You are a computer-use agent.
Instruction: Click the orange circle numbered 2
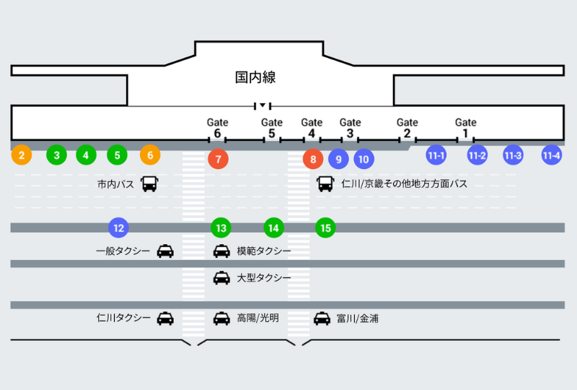(22, 155)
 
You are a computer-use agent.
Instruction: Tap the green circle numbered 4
(86, 155)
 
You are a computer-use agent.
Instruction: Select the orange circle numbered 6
(150, 155)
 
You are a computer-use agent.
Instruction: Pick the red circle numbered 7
(218, 159)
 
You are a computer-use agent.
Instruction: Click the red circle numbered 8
(312, 159)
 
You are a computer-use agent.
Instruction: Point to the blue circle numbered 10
(364, 159)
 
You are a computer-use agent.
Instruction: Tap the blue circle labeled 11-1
(436, 155)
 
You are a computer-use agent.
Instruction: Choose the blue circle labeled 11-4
(552, 155)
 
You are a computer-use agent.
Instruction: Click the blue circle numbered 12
(119, 228)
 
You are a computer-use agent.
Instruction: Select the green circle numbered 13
(221, 228)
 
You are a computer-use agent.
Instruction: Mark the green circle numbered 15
(325, 228)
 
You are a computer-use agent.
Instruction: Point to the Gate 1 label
(466, 128)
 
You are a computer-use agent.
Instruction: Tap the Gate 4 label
(312, 128)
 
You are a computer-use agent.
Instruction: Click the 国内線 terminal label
(255, 77)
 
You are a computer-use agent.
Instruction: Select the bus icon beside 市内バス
(149, 184)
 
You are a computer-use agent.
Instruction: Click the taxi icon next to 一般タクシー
(165, 251)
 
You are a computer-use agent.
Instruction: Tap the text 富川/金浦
(357, 318)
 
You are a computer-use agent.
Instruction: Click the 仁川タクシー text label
(123, 318)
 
